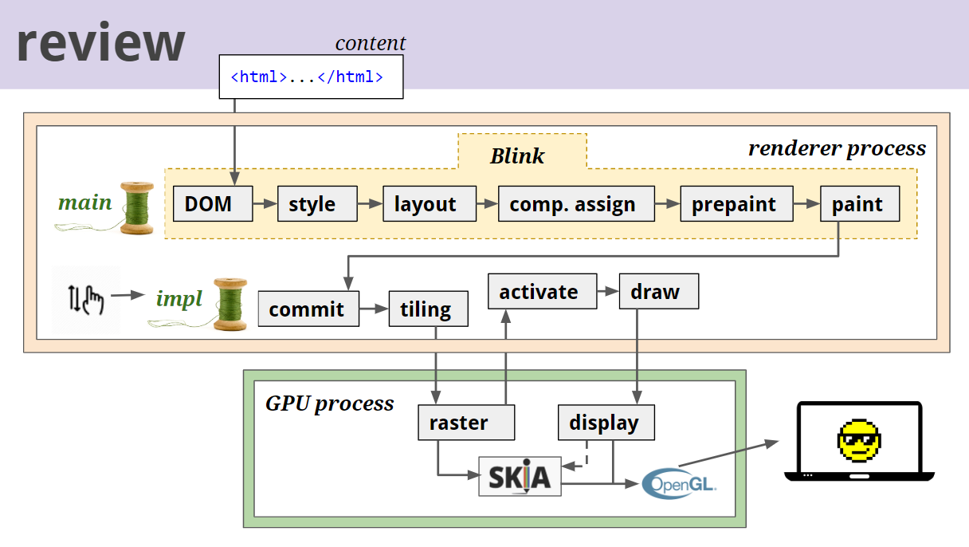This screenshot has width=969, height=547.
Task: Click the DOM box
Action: pyautogui.click(x=213, y=204)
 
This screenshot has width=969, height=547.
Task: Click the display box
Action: pyautogui.click(x=606, y=423)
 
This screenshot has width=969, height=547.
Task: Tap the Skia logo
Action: pyautogui.click(x=520, y=476)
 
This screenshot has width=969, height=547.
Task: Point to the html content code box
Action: pyautogui.click(x=311, y=77)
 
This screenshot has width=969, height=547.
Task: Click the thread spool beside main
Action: pyautogui.click(x=136, y=207)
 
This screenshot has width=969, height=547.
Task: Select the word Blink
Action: pyautogui.click(x=517, y=155)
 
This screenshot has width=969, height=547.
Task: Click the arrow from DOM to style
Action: pyautogui.click(x=265, y=204)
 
